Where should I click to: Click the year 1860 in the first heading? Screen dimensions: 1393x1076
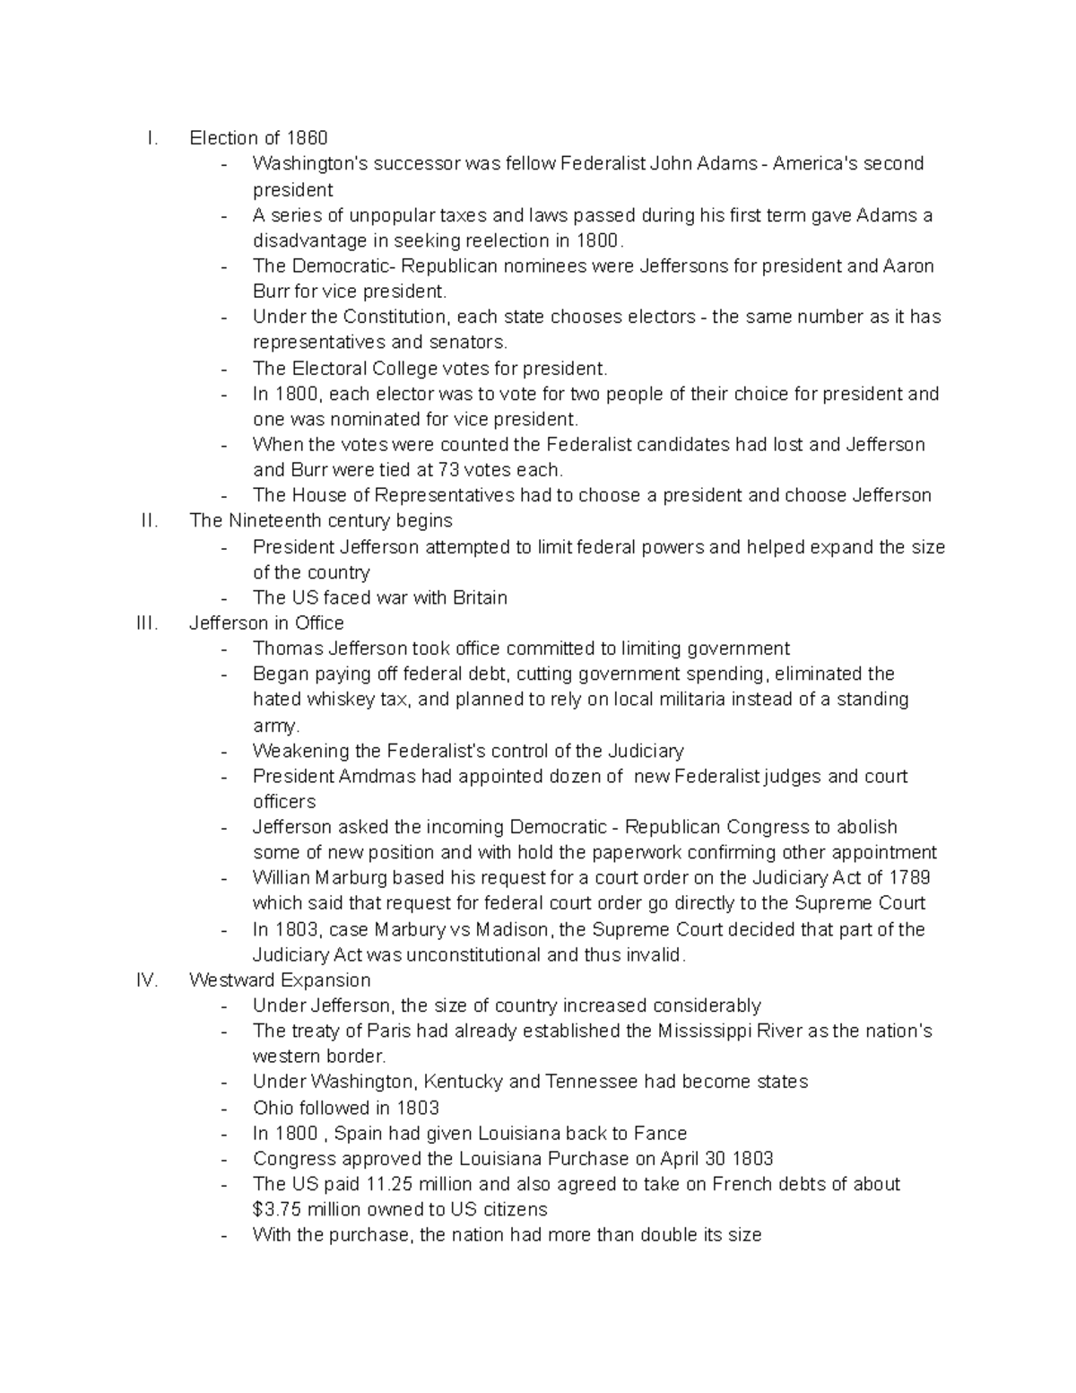pyautogui.click(x=307, y=138)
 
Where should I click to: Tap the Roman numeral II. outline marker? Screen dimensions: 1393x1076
pyautogui.click(x=150, y=521)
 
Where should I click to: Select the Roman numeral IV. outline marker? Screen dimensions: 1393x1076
pyautogui.click(x=148, y=980)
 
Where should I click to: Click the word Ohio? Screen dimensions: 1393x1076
pyautogui.click(x=272, y=1108)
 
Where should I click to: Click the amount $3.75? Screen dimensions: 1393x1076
pyautogui.click(x=277, y=1210)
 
